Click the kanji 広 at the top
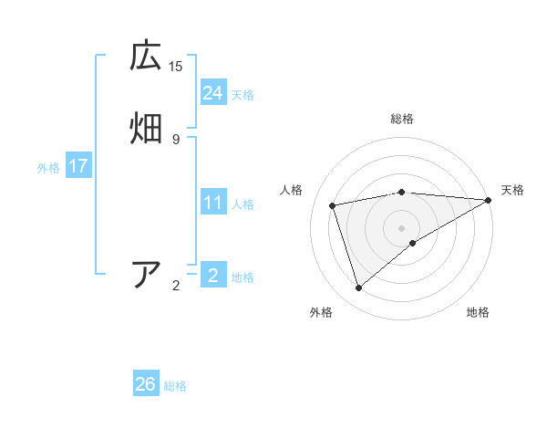click(x=145, y=57)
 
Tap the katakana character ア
click(x=146, y=275)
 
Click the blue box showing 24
click(x=213, y=92)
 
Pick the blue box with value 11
click(x=213, y=203)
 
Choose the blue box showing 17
click(x=77, y=166)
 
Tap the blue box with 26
click(x=146, y=384)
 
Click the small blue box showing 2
click(x=212, y=275)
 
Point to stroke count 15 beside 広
click(x=176, y=66)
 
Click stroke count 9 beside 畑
click(x=176, y=139)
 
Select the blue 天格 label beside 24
click(x=243, y=95)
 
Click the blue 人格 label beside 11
click(x=243, y=204)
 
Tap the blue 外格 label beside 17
click(x=47, y=168)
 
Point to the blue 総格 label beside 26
click(x=175, y=386)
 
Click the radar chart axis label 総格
click(x=401, y=120)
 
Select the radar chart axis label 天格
click(x=512, y=190)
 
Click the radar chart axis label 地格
click(x=478, y=312)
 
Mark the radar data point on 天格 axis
click(x=489, y=200)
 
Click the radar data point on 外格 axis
click(x=359, y=288)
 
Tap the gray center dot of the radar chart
click(x=401, y=227)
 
